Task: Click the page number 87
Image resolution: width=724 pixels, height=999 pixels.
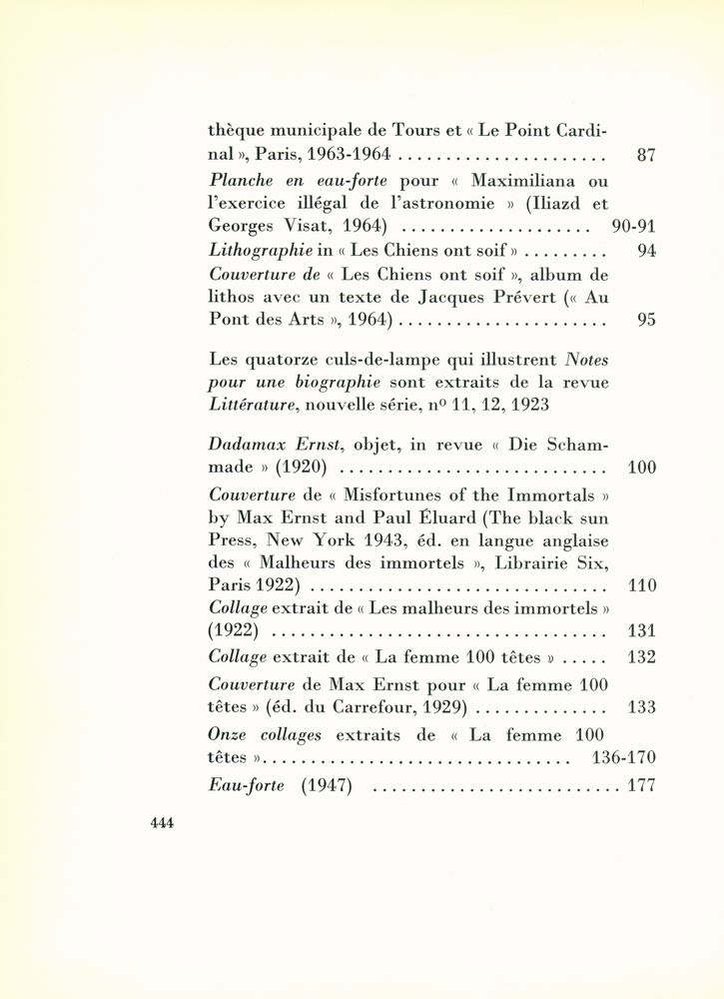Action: pyautogui.click(x=645, y=156)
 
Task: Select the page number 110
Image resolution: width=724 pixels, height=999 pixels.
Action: pyautogui.click(x=640, y=585)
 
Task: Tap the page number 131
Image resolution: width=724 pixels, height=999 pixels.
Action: pyautogui.click(x=640, y=630)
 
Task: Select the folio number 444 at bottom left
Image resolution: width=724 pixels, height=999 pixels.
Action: pyautogui.click(x=162, y=823)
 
